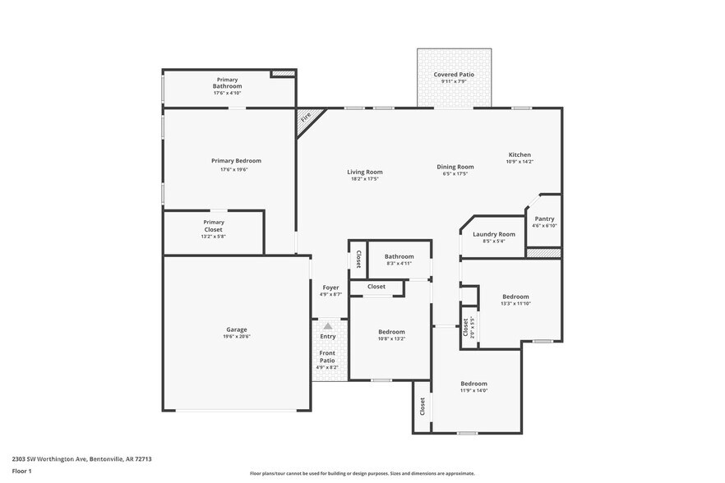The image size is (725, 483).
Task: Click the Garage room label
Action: click(236, 329)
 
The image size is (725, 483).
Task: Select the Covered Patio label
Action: click(454, 75)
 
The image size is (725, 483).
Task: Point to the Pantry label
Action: click(544, 218)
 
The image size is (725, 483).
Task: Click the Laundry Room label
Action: click(494, 234)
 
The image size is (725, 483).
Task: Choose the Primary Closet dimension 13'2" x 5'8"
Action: click(213, 237)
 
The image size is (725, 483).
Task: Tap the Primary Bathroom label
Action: click(227, 83)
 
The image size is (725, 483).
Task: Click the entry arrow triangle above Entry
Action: click(328, 326)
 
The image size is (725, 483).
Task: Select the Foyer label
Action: click(330, 287)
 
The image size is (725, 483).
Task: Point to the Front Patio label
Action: click(327, 356)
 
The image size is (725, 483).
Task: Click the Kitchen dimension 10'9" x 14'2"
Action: click(520, 162)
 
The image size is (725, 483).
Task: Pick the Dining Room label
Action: click(455, 167)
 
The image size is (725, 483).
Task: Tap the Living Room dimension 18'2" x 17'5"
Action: click(365, 179)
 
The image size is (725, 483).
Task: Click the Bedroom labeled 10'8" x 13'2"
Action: click(391, 332)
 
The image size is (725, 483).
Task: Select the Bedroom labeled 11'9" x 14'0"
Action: click(473, 384)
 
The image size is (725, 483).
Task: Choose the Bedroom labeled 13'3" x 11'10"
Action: click(515, 297)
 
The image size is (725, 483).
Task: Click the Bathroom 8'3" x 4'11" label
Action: click(399, 256)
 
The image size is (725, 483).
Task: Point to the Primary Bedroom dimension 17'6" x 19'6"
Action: click(236, 170)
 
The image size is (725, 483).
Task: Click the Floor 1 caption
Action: click(21, 471)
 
